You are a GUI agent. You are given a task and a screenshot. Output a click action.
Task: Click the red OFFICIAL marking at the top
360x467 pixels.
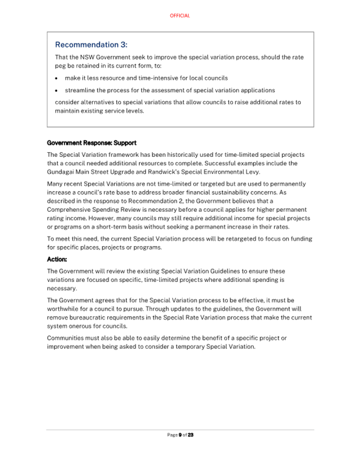click(180, 16)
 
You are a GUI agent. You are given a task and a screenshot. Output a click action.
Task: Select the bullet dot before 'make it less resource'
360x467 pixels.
click(58, 78)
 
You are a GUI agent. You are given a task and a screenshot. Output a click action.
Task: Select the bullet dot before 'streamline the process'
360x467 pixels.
click(58, 90)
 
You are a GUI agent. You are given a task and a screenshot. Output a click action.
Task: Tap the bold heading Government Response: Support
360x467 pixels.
click(92, 143)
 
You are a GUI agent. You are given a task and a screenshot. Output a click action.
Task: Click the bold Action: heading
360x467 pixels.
click(57, 259)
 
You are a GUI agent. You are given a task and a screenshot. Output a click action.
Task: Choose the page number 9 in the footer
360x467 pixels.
click(180, 435)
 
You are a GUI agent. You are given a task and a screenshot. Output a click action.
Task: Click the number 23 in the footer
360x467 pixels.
click(190, 435)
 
